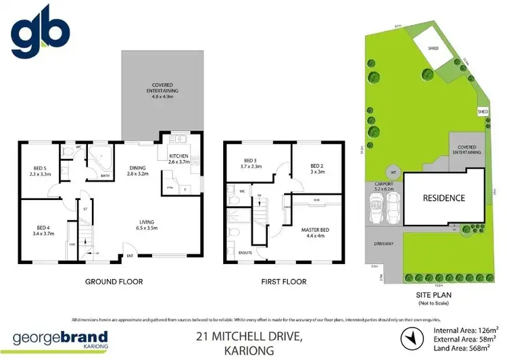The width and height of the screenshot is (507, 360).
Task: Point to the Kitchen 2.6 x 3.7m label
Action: [x=180, y=159]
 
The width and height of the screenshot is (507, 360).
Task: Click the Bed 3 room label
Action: [x=255, y=164]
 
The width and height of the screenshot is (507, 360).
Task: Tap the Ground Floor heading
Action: [x=113, y=282]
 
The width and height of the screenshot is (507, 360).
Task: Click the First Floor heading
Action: [x=283, y=282]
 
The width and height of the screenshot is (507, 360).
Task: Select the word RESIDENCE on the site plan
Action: [x=443, y=198]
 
